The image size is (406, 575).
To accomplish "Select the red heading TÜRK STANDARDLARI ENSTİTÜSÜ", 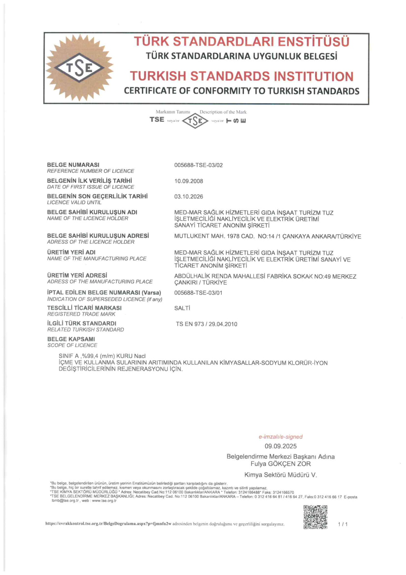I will [x=241, y=42].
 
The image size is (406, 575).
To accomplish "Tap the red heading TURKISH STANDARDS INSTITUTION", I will [x=241, y=76].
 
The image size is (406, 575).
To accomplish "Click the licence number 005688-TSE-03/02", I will [x=198, y=165].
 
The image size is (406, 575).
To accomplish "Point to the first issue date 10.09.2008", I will [x=189, y=181].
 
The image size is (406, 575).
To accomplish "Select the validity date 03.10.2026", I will [x=189, y=197].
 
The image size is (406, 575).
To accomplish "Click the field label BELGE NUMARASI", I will [x=73, y=165].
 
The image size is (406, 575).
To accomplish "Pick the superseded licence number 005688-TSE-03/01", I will [x=198, y=293].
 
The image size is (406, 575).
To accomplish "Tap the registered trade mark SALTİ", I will [x=182, y=308].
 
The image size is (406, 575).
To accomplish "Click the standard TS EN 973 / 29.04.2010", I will [x=207, y=324].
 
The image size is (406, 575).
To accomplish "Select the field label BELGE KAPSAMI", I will [x=71, y=339].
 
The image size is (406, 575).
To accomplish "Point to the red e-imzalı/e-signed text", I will [x=280, y=437].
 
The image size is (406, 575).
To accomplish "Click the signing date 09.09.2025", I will [x=280, y=446].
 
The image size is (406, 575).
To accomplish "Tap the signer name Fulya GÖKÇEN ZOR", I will [x=280, y=464].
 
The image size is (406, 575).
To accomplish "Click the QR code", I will [x=315, y=517].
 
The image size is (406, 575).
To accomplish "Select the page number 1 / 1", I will [x=343, y=524].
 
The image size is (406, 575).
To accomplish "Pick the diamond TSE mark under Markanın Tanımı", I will [x=195, y=120].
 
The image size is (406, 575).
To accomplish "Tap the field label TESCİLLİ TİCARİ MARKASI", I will [x=84, y=308].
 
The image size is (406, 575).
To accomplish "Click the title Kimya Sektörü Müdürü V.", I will [x=280, y=475].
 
